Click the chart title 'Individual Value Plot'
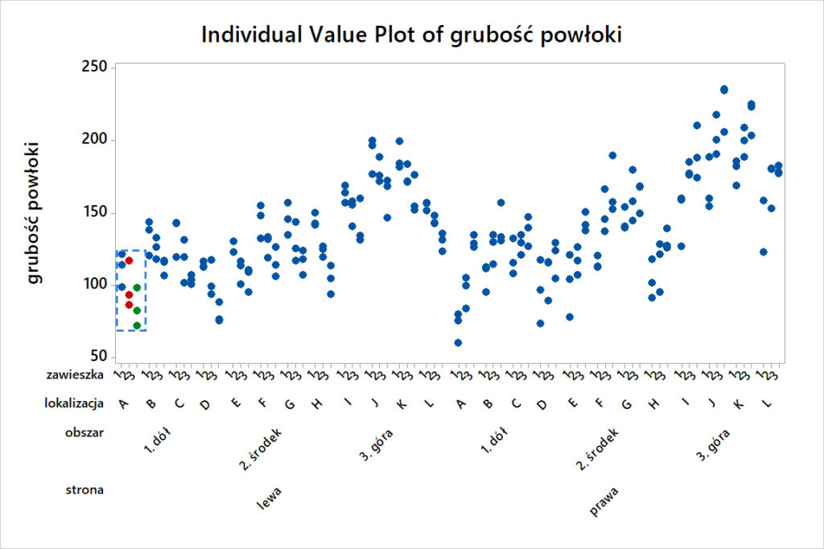[x=411, y=35]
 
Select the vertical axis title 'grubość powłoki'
[x=34, y=213]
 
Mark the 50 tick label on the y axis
[x=98, y=358]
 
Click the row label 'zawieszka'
[x=80, y=374]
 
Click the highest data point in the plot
[x=724, y=90]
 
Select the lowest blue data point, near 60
[x=458, y=342]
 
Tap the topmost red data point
[x=129, y=260]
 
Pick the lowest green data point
[x=137, y=326]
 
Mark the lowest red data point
[x=129, y=305]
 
